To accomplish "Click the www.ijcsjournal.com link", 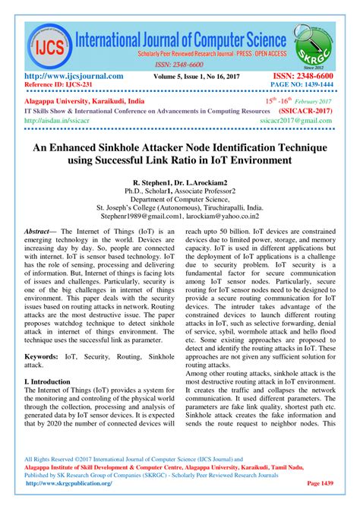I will click(x=74, y=76).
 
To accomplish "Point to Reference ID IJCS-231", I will click(x=62, y=86).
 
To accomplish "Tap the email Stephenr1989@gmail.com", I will click(x=139, y=215).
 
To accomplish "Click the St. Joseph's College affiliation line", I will click(x=180, y=206).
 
